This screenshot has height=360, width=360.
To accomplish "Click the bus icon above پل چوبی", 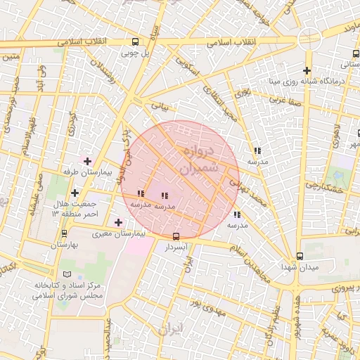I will [135, 42].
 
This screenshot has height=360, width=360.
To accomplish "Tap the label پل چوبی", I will [135, 53].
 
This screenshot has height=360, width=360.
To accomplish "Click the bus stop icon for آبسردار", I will [176, 237].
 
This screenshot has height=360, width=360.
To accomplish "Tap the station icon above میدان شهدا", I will [300, 257].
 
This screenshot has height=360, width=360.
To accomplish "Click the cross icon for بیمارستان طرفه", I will [87, 162].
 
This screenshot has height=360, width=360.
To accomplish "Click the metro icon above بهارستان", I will [65, 233].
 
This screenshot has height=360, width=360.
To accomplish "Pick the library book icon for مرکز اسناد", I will [67, 274].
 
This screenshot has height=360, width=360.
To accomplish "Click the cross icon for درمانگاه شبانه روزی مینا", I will [307, 70].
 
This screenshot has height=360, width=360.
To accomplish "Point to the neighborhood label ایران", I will [171, 328].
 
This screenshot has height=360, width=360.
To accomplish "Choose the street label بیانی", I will [160, 108].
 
